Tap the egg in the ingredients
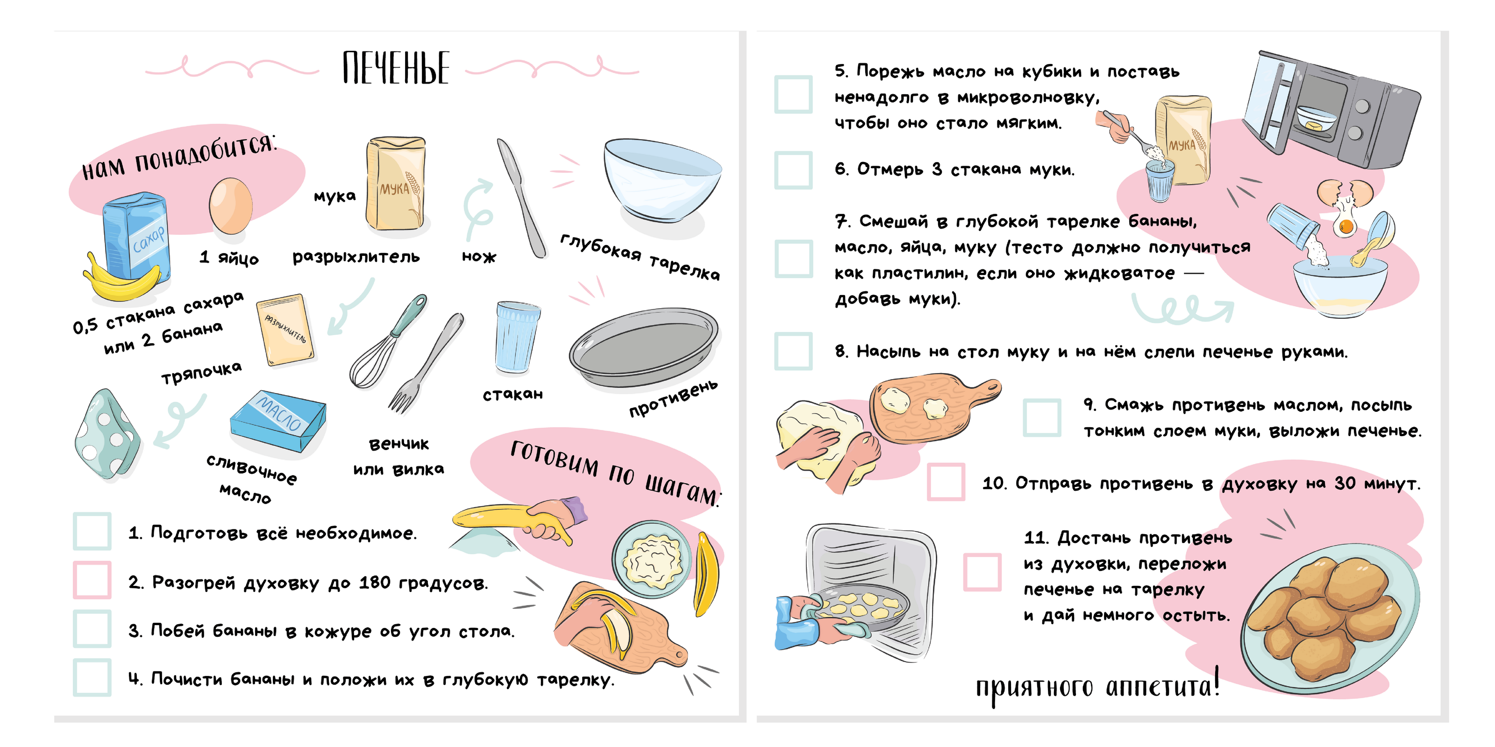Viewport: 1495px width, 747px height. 230,206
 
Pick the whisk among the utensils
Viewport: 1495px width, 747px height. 386,342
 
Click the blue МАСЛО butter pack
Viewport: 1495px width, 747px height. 278,421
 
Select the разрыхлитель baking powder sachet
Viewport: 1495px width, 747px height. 285,330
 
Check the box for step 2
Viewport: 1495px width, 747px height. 92,580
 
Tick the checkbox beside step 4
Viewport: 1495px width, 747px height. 92,677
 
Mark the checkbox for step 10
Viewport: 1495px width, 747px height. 946,481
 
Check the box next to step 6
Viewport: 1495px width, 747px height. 793,170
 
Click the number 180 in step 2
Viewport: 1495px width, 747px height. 374,582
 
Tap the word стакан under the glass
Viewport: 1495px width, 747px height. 513,395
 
